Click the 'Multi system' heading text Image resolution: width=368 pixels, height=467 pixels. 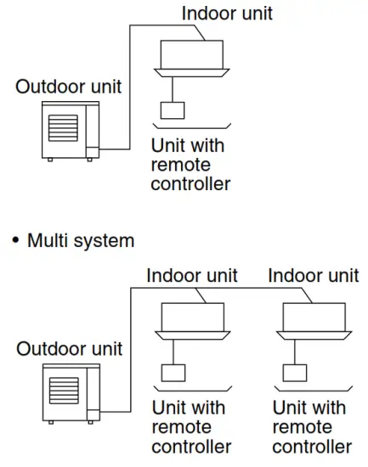(x=81, y=240)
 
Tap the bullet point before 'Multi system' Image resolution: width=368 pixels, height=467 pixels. (x=15, y=241)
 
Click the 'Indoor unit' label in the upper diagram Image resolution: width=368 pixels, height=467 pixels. (x=228, y=13)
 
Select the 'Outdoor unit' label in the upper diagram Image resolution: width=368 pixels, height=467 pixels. (x=68, y=87)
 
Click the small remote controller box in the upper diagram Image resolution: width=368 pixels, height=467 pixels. (x=173, y=110)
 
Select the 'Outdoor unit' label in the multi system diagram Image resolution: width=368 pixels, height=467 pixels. (x=70, y=348)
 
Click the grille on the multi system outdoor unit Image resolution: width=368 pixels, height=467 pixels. (x=65, y=391)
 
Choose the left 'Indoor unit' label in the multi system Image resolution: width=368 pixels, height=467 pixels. (x=192, y=276)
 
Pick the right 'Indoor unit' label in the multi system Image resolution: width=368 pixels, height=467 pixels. (x=314, y=276)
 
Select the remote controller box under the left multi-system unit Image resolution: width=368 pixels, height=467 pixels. (x=173, y=373)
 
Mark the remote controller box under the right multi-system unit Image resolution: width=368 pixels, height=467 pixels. (x=294, y=373)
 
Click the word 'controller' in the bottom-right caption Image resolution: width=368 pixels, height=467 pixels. (x=312, y=446)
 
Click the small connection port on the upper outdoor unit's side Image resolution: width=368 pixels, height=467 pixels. (x=93, y=150)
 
